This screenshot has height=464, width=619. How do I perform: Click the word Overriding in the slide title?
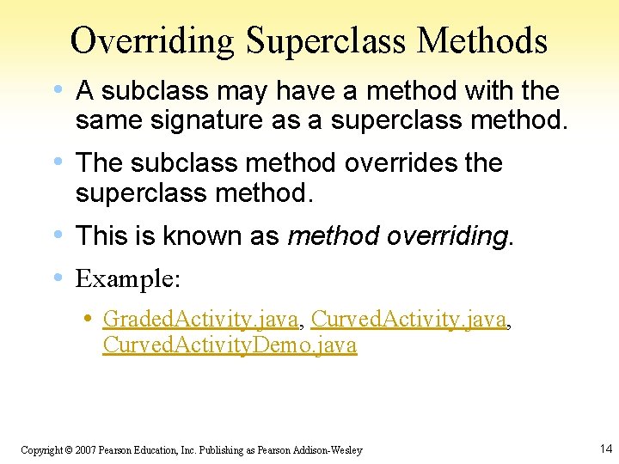(x=153, y=40)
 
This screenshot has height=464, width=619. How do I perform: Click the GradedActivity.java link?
(x=200, y=320)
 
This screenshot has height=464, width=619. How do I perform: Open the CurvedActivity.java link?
(x=408, y=320)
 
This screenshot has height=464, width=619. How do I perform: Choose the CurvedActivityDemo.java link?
(x=230, y=345)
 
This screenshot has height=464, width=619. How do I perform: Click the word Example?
(x=127, y=278)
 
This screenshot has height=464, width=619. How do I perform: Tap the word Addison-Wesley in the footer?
(x=330, y=450)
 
